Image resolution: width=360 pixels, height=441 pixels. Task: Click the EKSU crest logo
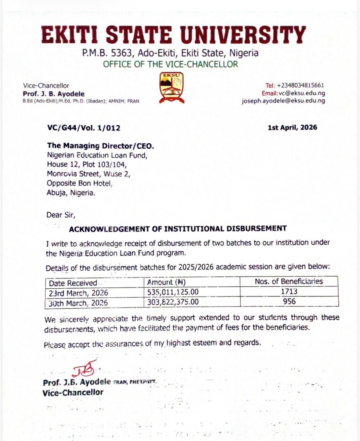(171, 87)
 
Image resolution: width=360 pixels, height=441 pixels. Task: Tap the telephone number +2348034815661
(301, 85)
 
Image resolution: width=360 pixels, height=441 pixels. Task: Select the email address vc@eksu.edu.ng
(305, 93)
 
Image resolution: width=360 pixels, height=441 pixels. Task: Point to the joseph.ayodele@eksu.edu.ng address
(283, 101)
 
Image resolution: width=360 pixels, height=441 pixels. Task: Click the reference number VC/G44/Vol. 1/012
(84, 128)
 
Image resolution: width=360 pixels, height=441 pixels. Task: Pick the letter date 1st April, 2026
(292, 127)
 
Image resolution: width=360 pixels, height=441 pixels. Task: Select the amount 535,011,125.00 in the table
(173, 292)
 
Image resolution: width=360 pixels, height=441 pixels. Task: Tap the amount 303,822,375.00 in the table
(173, 302)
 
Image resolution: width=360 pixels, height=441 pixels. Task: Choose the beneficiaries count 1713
(288, 292)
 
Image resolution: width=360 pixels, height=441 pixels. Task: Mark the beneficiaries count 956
(288, 302)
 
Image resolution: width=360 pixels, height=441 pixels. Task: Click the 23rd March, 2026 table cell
(78, 292)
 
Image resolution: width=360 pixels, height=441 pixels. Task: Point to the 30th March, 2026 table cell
(78, 303)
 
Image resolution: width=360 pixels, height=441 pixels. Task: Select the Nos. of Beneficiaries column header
(289, 281)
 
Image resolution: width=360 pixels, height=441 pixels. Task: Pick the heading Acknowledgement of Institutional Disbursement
(178, 229)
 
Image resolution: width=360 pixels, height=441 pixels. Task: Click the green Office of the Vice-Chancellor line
(170, 64)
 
